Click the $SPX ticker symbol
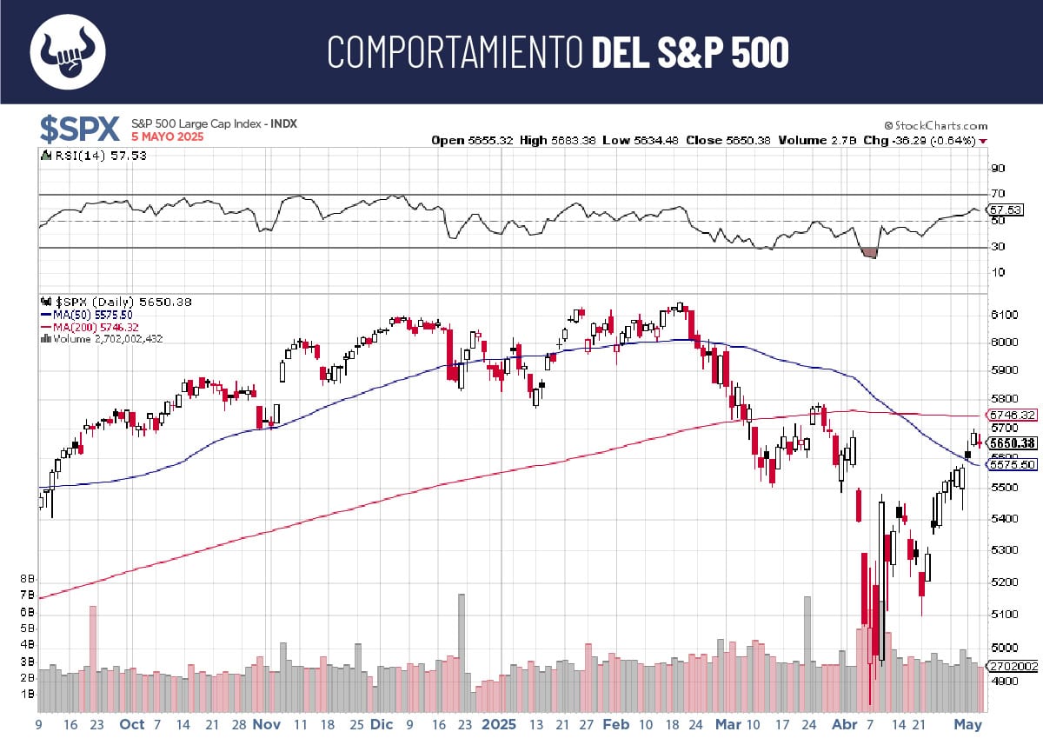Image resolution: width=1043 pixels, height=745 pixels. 79,129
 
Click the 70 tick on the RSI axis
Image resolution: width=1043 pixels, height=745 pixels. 998,194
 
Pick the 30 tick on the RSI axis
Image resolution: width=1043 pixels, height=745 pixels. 998,247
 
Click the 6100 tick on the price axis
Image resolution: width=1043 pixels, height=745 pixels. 1003,315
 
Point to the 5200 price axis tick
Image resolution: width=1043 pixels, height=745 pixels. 1003,582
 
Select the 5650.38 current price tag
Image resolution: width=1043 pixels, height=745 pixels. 1013,443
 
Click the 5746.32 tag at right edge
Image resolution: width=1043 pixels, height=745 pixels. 1013,416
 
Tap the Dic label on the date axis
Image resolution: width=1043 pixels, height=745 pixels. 382,724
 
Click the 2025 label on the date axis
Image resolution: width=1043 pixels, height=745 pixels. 499,724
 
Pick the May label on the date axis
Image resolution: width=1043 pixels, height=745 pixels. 967,724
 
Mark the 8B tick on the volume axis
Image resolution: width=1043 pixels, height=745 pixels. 27,578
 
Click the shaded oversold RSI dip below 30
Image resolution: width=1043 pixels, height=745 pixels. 868,253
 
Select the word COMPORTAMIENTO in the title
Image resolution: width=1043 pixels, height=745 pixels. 455,52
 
